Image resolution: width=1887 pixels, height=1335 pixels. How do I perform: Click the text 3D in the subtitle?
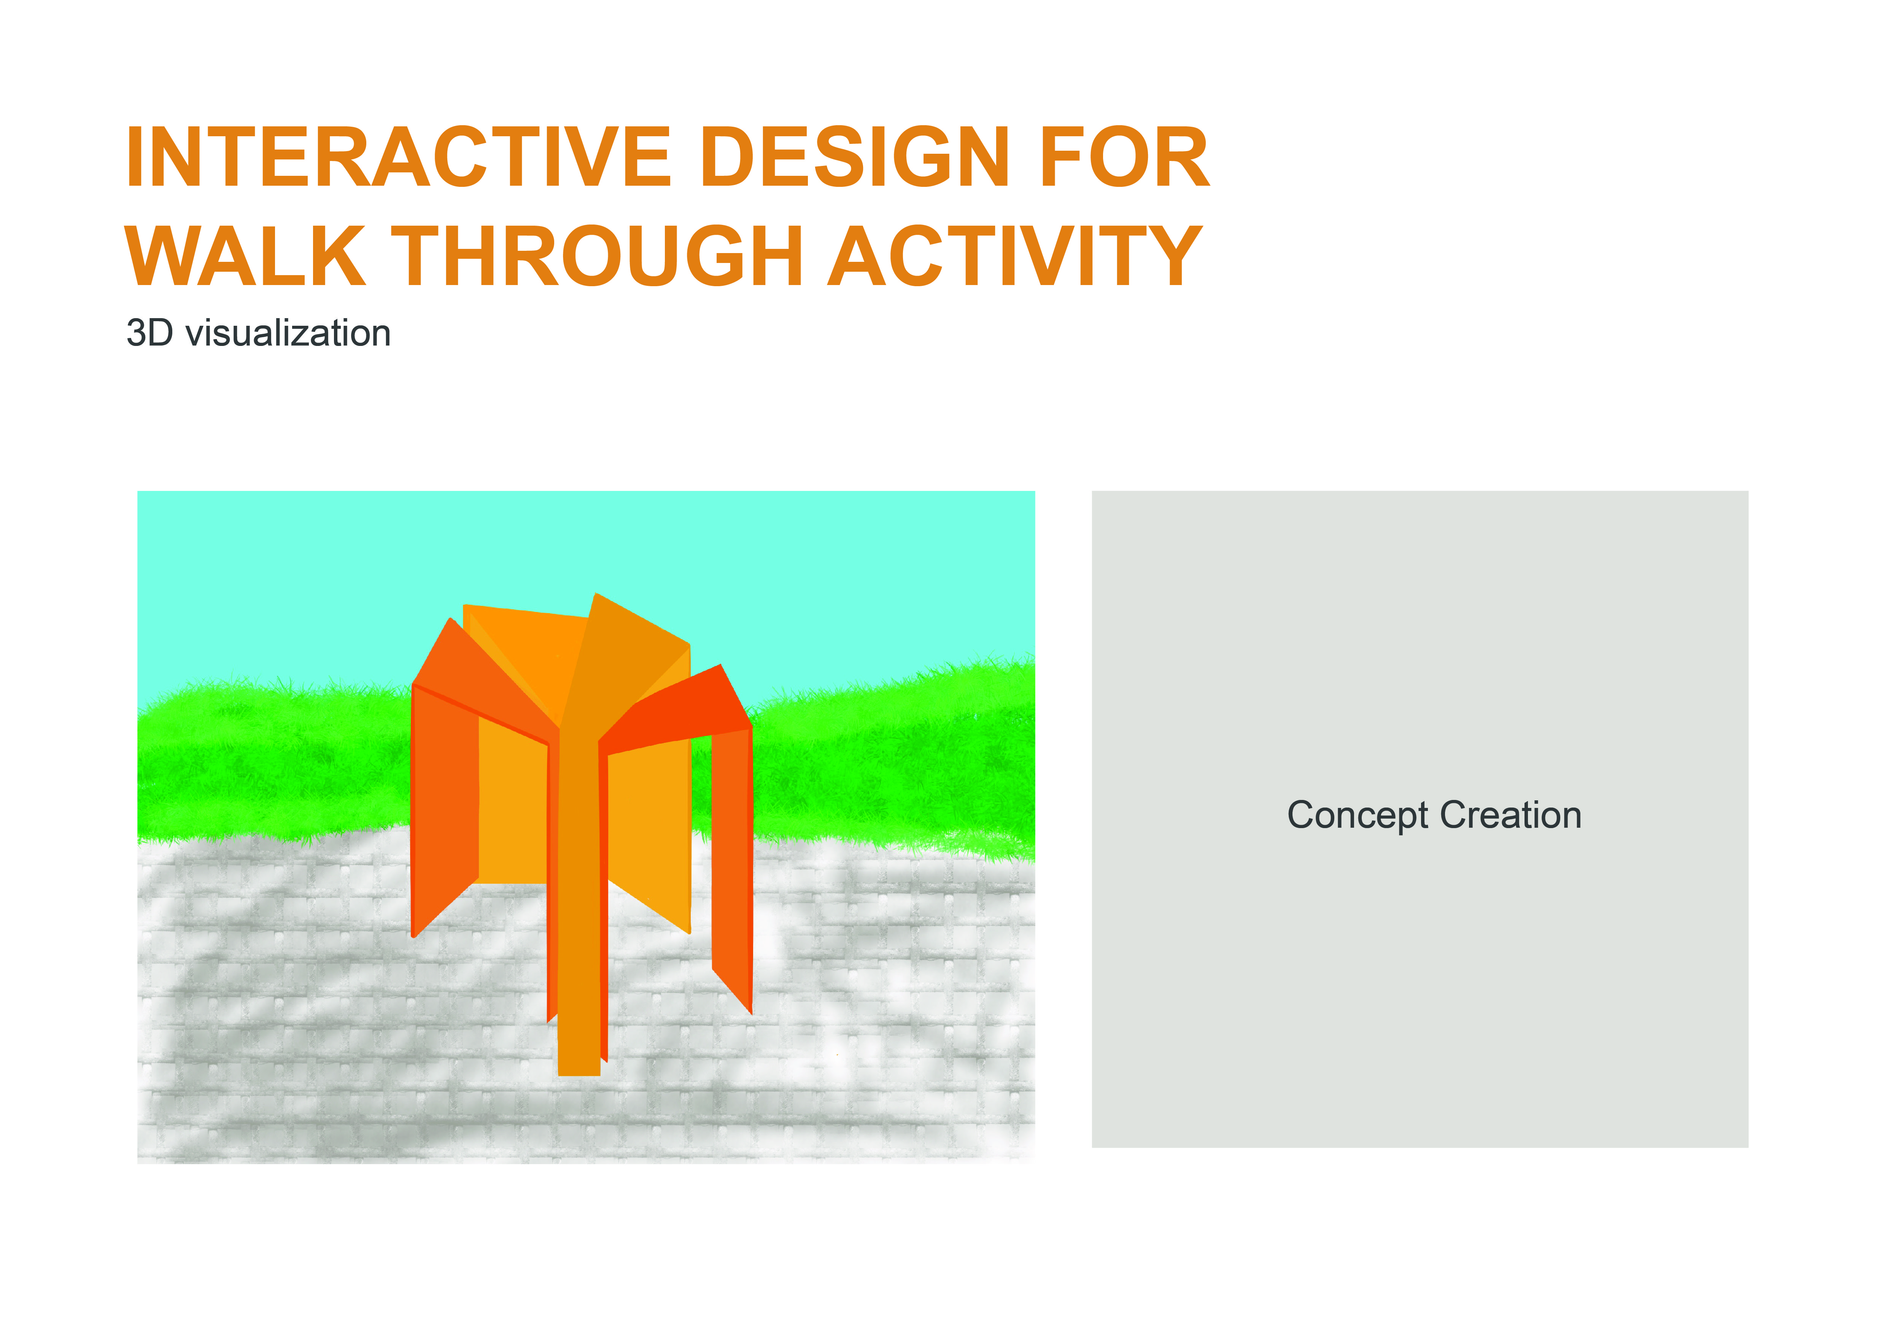(149, 334)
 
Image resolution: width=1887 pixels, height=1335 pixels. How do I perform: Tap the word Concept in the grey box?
(1357, 816)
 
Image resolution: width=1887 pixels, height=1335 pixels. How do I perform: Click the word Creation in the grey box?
(1510, 816)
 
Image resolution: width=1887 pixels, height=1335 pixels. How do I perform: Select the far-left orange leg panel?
(444, 806)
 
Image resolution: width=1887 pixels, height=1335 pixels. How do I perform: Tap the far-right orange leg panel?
(731, 863)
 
